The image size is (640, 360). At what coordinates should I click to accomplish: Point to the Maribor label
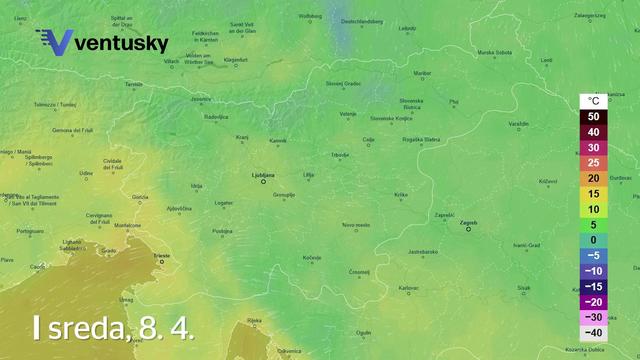[x=421, y=73]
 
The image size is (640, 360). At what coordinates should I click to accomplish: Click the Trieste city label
[x=160, y=256]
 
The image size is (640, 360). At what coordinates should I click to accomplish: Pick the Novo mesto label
[x=356, y=225]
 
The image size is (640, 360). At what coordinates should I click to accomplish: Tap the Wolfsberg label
[x=311, y=16]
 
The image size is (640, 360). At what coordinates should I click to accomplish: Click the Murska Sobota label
[x=494, y=52]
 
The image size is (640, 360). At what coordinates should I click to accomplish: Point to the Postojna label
[x=222, y=230]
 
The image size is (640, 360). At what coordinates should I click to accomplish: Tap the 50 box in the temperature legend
[x=593, y=116]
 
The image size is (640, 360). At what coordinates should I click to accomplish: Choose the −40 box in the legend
[x=593, y=332]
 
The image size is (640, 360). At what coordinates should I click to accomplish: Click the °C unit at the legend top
[x=593, y=101]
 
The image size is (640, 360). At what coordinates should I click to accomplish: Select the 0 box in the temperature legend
[x=593, y=240]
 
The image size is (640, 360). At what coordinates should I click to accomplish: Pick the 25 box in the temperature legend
[x=593, y=162]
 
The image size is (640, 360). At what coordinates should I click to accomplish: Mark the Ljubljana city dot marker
[x=264, y=181]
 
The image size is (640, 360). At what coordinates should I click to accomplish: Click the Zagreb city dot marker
[x=468, y=229]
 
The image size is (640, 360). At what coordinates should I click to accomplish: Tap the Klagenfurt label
[x=235, y=60]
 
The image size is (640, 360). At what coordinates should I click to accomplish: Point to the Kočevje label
[x=312, y=258]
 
